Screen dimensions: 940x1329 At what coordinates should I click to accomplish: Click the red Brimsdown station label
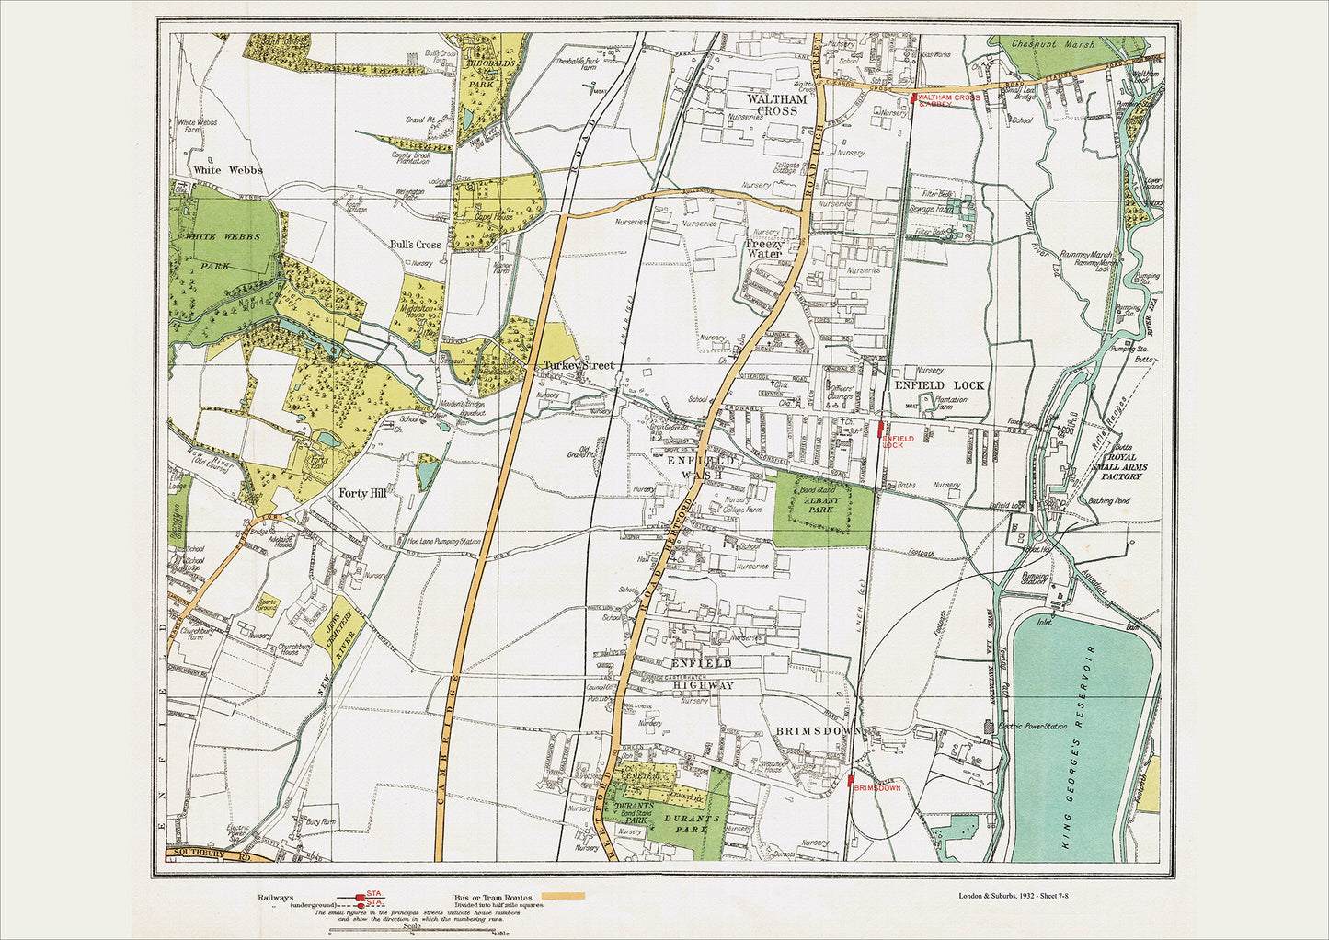click(x=876, y=788)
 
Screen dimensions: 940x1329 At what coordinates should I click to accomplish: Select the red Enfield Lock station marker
click(x=882, y=428)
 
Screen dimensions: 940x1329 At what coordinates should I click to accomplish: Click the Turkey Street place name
click(x=579, y=366)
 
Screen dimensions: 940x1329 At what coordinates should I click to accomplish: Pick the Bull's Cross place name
click(x=416, y=245)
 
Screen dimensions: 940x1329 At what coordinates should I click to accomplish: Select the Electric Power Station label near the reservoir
click(x=1033, y=727)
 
